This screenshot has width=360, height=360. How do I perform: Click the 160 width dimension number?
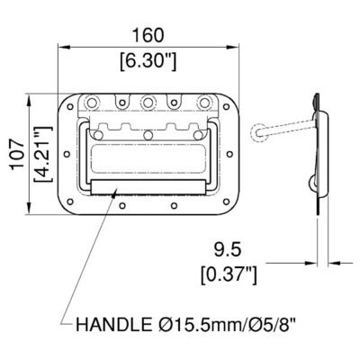(148, 35)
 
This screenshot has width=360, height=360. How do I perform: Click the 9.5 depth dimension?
(228, 244)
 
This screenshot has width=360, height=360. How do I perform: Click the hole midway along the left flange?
(66, 155)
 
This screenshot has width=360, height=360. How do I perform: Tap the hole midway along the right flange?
(230, 155)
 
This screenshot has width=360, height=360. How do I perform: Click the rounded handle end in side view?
(260, 133)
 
